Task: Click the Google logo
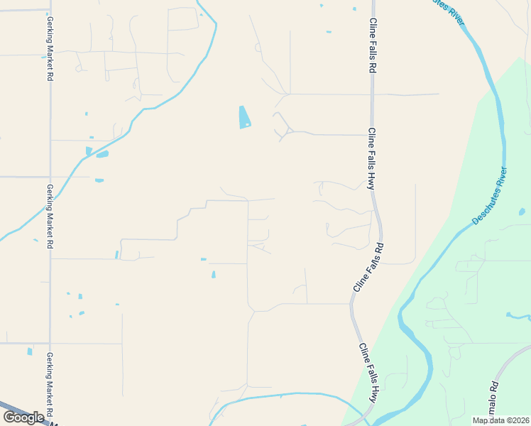tap(23, 417)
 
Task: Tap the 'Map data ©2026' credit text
tap(501, 420)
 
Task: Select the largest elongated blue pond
tap(245, 116)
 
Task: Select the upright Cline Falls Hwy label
tap(371, 158)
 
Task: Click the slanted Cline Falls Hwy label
tap(368, 373)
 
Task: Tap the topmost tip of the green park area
tap(520, 58)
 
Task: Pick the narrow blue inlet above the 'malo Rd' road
tap(517, 315)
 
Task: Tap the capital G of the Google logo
tap(9, 417)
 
